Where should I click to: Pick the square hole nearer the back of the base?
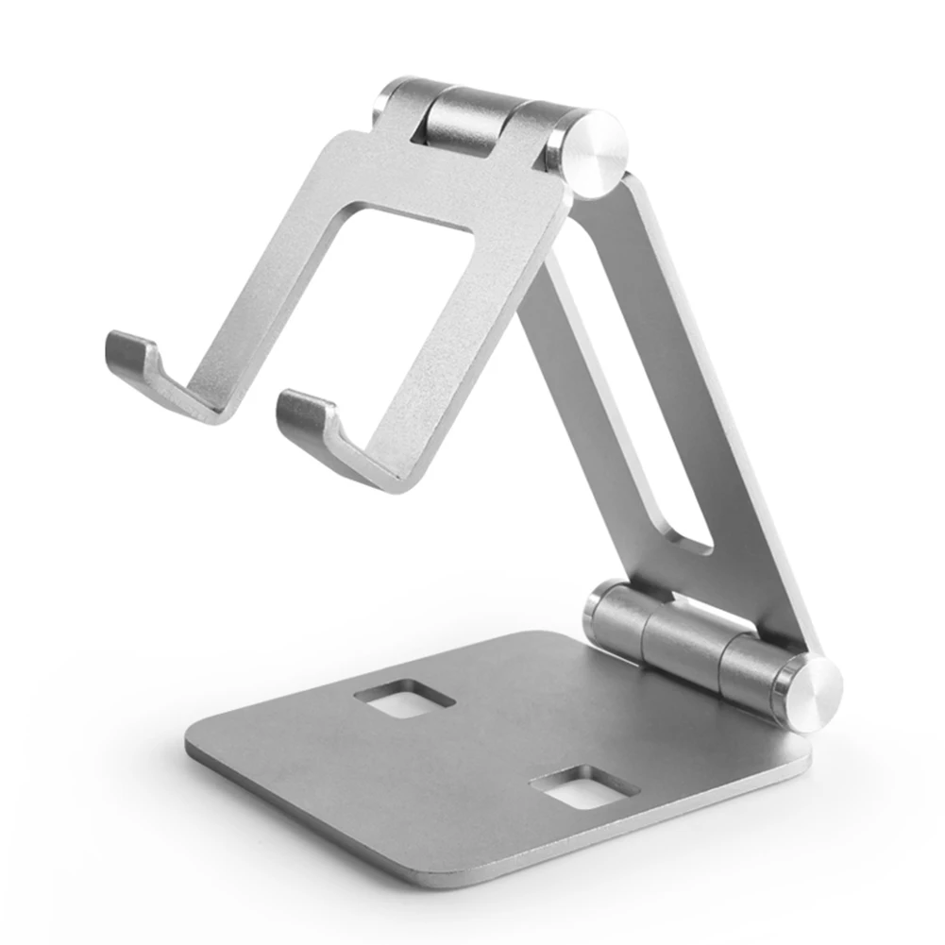coord(404,700)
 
